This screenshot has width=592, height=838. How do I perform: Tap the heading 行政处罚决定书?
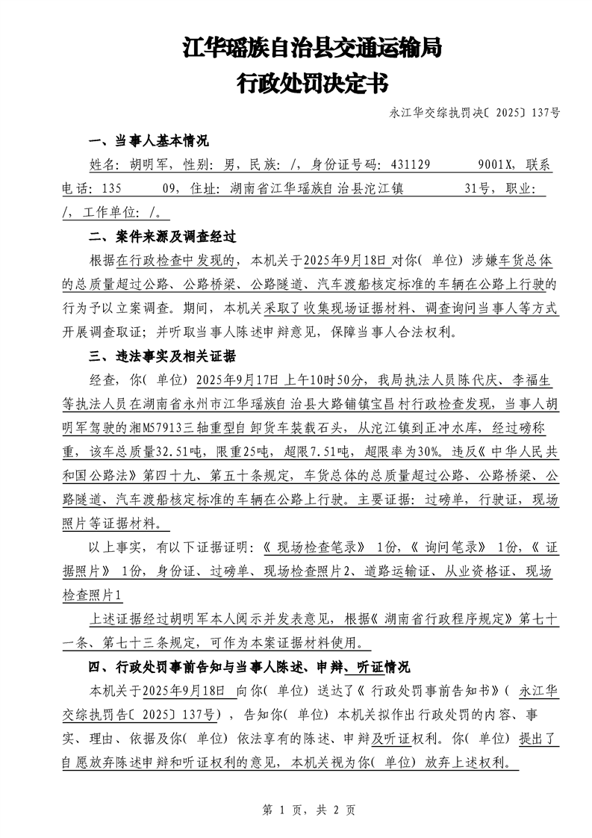pos(312,83)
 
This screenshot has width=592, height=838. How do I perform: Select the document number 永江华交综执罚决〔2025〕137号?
pos(474,114)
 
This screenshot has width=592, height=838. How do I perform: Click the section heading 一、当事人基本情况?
pos(149,142)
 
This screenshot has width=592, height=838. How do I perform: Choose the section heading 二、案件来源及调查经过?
pos(162,237)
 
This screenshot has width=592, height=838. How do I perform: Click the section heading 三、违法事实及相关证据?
pos(162,355)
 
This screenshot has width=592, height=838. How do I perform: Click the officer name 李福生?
pos(530,379)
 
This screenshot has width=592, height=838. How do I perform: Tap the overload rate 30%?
pos(431,450)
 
